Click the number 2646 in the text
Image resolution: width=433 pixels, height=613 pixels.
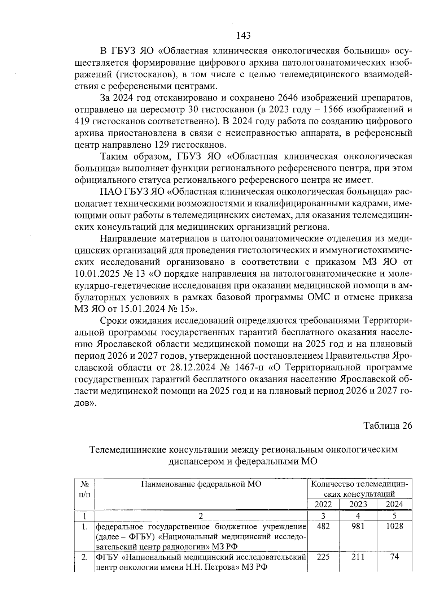(x=288, y=98)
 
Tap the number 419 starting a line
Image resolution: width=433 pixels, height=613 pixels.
(x=83, y=121)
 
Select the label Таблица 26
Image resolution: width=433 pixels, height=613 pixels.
(x=388, y=426)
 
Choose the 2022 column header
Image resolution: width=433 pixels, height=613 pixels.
(x=323, y=504)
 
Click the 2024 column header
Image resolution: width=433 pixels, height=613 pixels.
(x=394, y=504)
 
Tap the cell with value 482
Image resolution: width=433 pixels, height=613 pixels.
(x=323, y=526)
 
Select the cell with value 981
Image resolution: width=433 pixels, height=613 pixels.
(x=358, y=526)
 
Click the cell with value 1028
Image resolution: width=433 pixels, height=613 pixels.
(x=394, y=526)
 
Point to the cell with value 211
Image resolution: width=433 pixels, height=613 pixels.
(x=358, y=557)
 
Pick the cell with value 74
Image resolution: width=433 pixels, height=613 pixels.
(x=394, y=557)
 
